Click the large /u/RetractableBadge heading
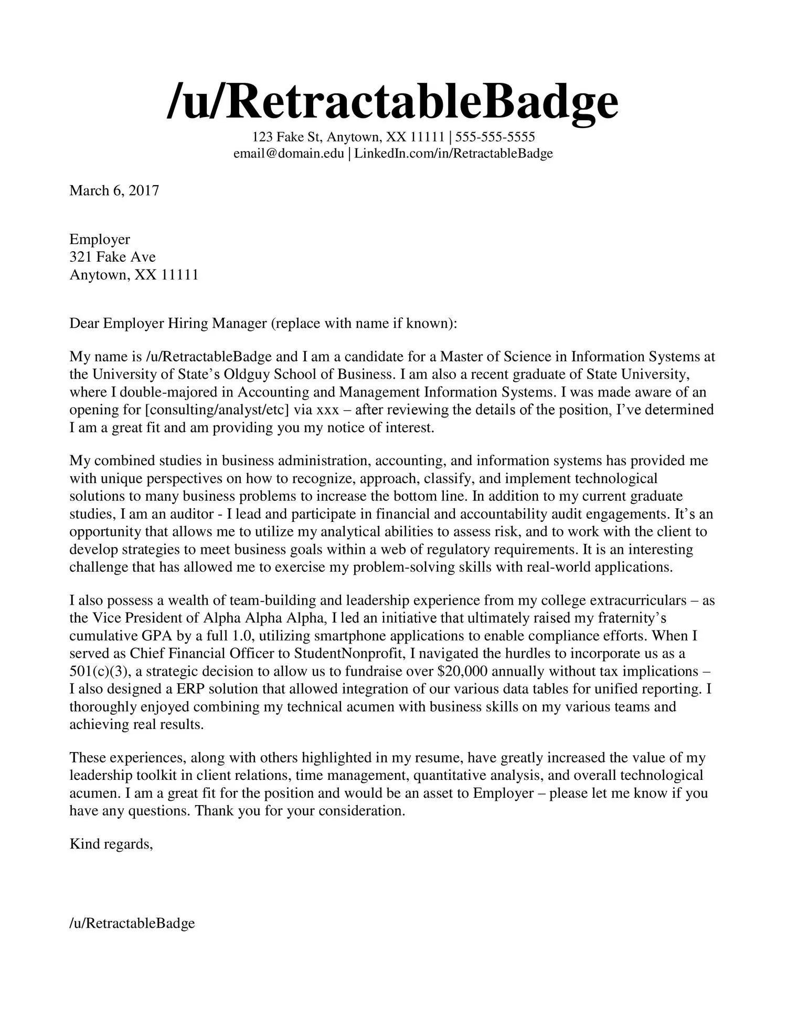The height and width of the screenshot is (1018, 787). [392, 102]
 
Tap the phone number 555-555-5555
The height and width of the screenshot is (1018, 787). [495, 137]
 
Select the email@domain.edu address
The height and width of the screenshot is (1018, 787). [289, 154]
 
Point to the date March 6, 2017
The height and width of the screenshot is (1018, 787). [114, 190]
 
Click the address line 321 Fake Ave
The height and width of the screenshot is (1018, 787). [112, 257]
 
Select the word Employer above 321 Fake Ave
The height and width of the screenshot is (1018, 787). [100, 240]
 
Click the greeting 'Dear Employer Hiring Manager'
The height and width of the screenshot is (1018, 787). [168, 323]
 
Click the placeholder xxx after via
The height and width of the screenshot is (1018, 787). [328, 410]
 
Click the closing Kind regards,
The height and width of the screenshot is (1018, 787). [111, 844]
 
